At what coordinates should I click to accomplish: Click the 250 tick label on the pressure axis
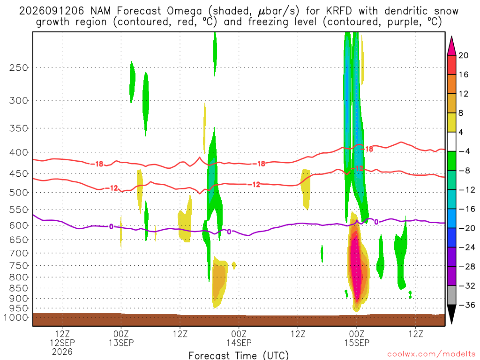18,67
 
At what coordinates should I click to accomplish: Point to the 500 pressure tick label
18,193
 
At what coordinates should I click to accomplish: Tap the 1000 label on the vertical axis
16,317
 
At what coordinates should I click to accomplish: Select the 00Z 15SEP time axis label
357,338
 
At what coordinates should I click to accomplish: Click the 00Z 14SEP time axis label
239,338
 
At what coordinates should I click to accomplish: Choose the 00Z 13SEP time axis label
121,338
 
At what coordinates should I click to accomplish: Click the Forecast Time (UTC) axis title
239,355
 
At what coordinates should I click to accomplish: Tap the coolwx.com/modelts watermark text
431,354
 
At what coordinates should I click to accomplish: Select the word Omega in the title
184,12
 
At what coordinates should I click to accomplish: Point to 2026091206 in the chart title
51,11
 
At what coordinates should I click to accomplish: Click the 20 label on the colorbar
463,55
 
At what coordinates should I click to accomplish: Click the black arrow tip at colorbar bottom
451,323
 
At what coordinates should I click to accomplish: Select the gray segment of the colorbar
451,295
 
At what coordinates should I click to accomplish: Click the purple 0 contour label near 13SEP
111,226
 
